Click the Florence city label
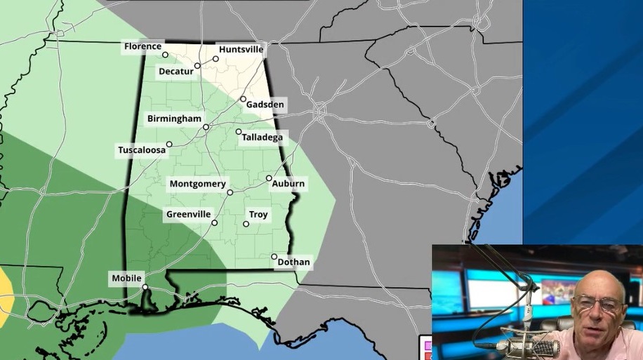pos(142,46)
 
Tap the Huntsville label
pos(241,50)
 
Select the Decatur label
pos(175,71)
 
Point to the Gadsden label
pos(265,105)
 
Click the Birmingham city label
pos(174,119)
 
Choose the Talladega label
pos(262,137)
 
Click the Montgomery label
pos(197,184)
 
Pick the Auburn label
pos(289,184)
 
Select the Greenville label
pos(188,214)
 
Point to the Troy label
pos(258,214)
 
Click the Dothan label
pos(293,262)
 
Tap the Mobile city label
pos(126,279)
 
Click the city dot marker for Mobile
pos(145,287)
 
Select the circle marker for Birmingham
pos(206,127)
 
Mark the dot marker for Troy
pos(246,224)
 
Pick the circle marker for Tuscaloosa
pos(169,144)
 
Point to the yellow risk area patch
pos(5,293)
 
